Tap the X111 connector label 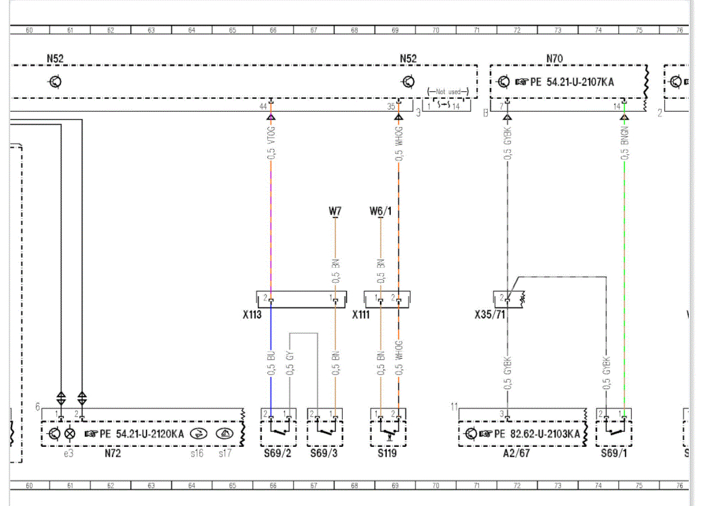coord(361,315)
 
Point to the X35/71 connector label coord(490,315)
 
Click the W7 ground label coord(335,211)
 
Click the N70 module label coord(554,59)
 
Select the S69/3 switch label coord(322,454)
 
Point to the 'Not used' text coord(448,91)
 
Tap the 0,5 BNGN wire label coord(625,143)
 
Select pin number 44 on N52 coord(263,107)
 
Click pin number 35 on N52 coord(391,107)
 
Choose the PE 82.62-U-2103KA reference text coord(529,434)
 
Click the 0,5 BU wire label coord(271,364)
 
